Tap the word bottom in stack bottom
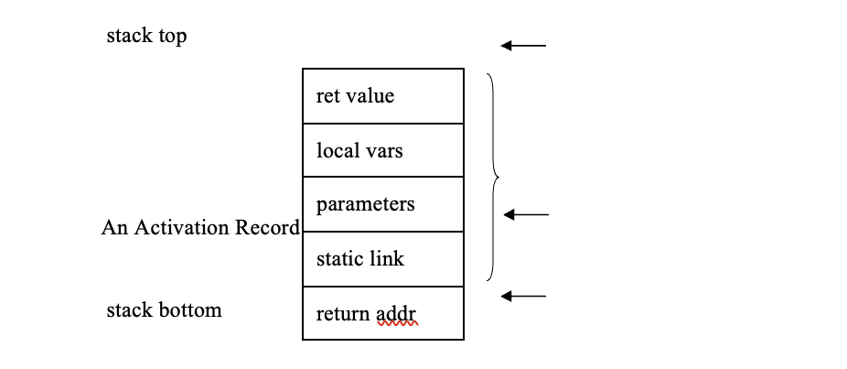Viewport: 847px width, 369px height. pos(191,309)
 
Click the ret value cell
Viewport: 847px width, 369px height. pos(383,96)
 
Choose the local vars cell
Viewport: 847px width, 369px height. pos(383,150)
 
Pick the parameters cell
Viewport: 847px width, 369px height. pos(383,204)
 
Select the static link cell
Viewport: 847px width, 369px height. pos(383,259)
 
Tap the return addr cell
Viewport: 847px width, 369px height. pos(383,313)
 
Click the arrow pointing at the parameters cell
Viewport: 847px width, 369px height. pos(526,215)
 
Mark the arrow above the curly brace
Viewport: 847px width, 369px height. pos(523,45)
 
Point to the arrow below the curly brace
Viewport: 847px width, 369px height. pos(523,296)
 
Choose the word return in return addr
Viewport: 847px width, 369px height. pos(343,314)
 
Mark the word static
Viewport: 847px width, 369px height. pos(338,259)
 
